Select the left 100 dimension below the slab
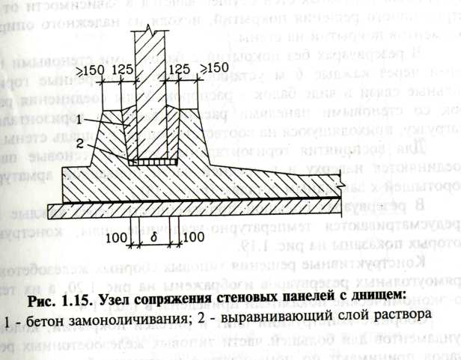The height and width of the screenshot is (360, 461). tap(117, 239)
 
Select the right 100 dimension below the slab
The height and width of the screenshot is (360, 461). tap(192, 239)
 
